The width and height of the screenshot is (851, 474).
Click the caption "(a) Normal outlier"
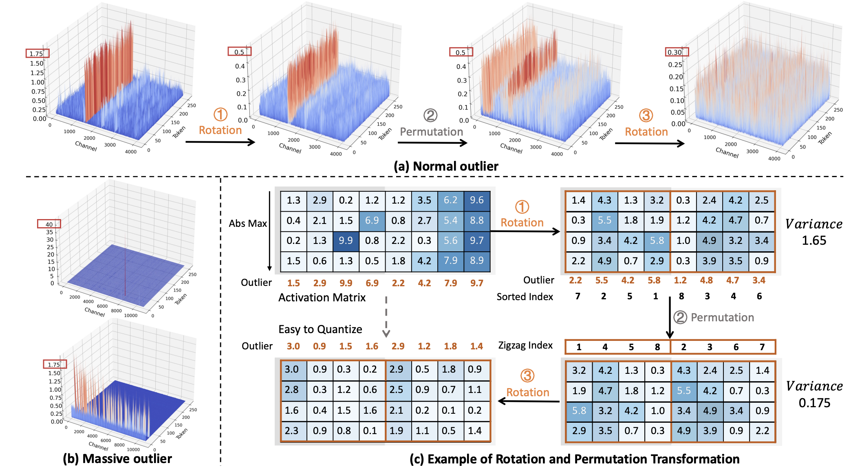coord(446,166)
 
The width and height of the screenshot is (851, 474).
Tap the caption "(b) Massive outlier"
coord(117,459)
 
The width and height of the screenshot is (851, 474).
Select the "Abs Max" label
coord(248,223)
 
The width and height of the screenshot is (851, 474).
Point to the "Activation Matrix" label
coord(322,298)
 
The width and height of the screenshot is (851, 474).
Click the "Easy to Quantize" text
coord(320,329)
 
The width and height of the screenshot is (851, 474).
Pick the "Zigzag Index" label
coord(525,345)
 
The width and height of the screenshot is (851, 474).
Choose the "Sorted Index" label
coord(525,297)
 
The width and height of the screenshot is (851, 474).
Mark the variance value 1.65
coord(814,241)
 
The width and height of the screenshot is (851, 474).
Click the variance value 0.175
coord(814,403)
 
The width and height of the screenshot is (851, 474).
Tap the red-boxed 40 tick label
coord(49,224)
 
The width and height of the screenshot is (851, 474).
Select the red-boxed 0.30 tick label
coord(675,52)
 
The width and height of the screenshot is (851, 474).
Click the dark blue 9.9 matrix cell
coord(346,241)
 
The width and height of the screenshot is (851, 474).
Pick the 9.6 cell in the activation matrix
coord(476,200)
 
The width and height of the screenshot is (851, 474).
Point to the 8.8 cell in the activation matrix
coord(476,220)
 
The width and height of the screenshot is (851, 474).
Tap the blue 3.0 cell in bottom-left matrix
coord(292,369)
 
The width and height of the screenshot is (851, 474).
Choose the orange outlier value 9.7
coord(476,283)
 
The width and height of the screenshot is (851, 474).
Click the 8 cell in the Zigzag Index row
coord(657,347)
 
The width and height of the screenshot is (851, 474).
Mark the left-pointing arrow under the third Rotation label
coord(529,402)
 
